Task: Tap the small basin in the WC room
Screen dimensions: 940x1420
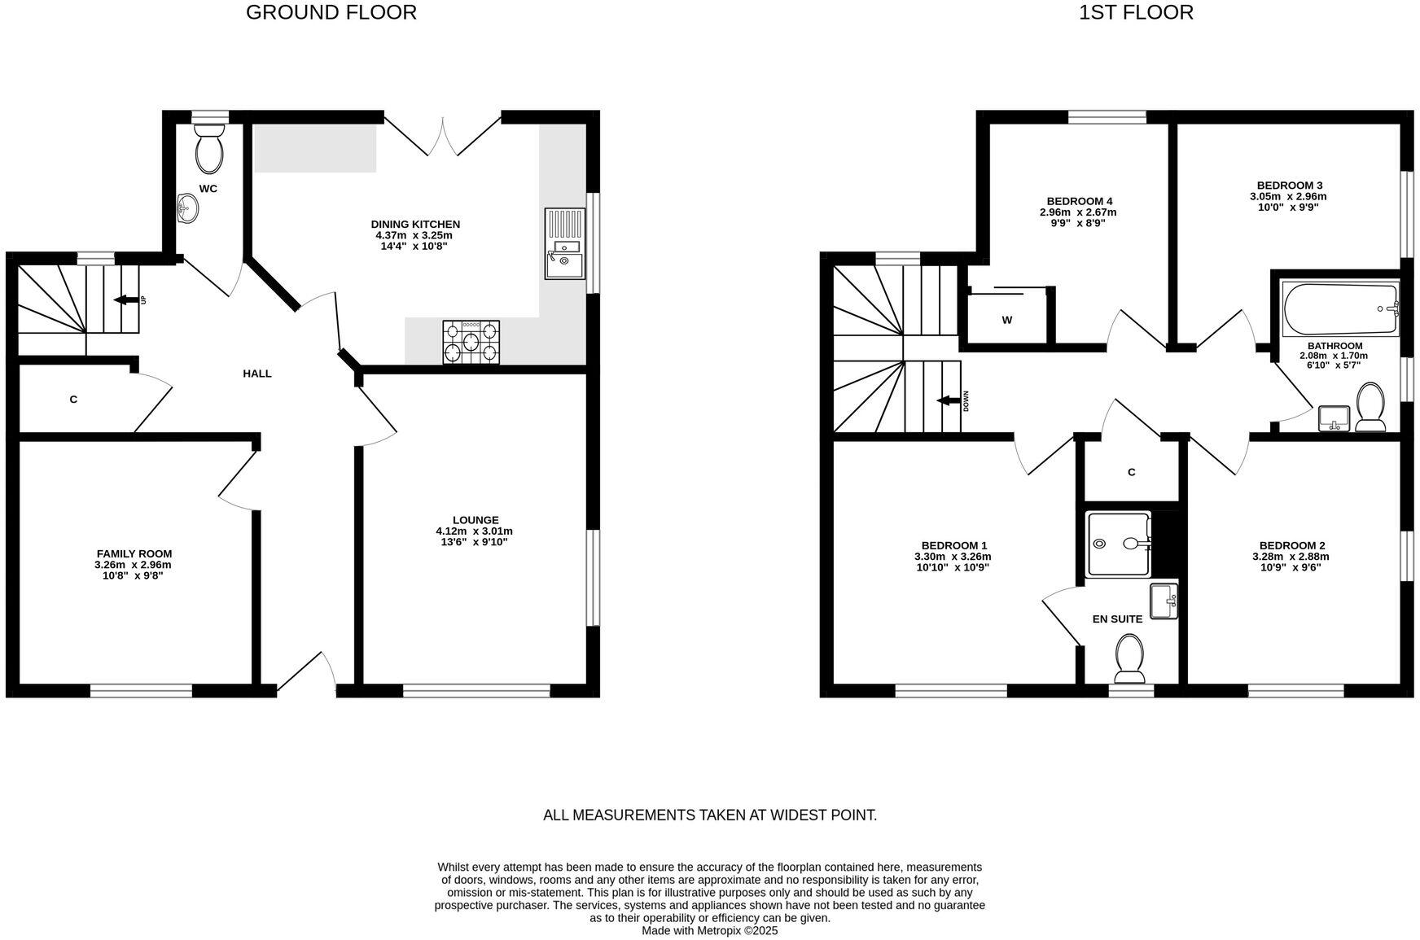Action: (186, 208)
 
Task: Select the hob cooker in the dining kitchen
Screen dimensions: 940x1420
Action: (471, 342)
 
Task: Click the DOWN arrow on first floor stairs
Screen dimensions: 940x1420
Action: (948, 400)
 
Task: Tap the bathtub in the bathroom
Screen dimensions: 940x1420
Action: (1339, 309)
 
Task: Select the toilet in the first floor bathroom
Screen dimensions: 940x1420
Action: (1370, 407)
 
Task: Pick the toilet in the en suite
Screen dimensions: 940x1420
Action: (1129, 658)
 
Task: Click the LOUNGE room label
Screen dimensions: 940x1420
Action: (476, 520)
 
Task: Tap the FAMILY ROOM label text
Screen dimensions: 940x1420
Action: (134, 553)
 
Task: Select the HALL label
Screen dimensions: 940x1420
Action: (257, 374)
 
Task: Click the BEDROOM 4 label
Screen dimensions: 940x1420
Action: (1079, 201)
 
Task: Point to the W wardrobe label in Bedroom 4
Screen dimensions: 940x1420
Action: (1007, 320)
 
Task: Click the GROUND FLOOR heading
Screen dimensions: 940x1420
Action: (331, 12)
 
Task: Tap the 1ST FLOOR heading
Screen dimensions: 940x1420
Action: (1136, 12)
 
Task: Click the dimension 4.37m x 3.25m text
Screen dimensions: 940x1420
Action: (414, 235)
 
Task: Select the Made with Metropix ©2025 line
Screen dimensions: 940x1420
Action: (709, 930)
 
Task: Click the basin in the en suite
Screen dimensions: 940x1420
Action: (1164, 601)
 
